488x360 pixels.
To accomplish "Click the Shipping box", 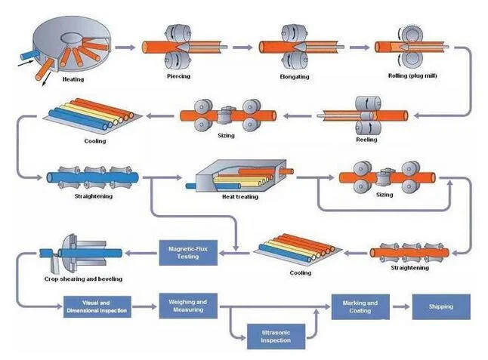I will (x=440, y=307).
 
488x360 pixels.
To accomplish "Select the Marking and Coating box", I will (x=360, y=307).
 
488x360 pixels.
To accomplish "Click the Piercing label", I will (x=178, y=77).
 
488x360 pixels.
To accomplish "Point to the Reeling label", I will (x=366, y=140).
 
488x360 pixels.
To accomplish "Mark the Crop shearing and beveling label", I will (x=83, y=278).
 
